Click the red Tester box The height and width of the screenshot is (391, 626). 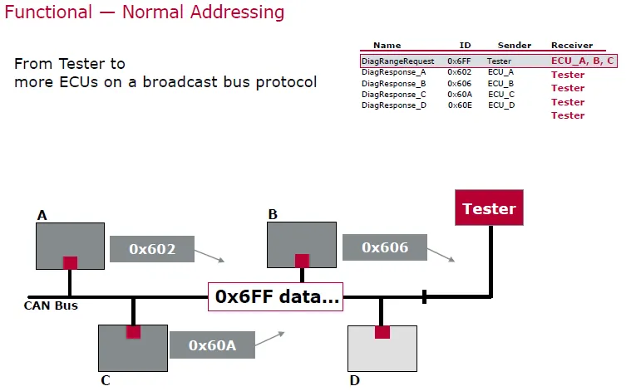point(489,208)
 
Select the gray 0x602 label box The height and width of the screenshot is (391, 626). point(152,249)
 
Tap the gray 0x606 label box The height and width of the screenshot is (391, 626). point(385,247)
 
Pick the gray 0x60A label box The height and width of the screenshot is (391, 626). point(212,345)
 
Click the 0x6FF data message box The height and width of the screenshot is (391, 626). point(275,297)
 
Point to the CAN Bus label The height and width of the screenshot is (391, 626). point(51,305)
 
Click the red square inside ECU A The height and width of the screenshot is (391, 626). point(71,263)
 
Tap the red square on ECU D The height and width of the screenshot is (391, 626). point(382,332)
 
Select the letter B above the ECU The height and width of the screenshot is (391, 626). point(273,214)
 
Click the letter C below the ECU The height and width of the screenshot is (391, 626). point(106,380)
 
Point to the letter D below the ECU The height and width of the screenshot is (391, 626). point(354,381)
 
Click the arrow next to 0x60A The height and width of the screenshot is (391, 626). point(270,339)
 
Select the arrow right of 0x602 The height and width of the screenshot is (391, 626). point(209,256)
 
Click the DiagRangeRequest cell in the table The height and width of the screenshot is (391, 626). point(397,61)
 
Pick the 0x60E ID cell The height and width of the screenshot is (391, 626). point(460,105)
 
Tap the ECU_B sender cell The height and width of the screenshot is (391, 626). point(500,84)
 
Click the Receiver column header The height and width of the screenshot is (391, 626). point(572,46)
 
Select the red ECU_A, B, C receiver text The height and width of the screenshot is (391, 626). point(583,61)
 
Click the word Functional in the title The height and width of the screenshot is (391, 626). point(48,12)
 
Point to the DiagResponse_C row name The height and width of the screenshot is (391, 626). point(394,95)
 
